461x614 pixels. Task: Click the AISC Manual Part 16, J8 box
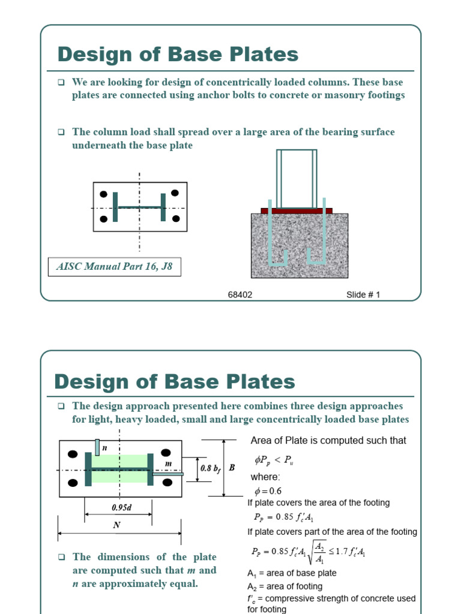pos(115,267)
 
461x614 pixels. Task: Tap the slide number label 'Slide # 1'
pos(363,294)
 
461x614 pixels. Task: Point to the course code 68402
pos(240,294)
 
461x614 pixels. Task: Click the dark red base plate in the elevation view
pos(297,210)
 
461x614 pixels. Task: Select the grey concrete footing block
pos(300,246)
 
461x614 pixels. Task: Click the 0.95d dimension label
pos(121,507)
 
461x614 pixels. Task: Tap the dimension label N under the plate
pos(116,525)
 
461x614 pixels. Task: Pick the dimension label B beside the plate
pos(232,468)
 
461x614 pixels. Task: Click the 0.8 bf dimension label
pos(211,468)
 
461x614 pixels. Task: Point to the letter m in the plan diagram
pos(168,463)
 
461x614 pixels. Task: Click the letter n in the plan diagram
pos(104,447)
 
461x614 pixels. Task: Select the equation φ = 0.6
pos(268,490)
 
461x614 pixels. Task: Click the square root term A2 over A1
pos(317,552)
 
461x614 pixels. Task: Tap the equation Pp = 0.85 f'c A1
pos(283,517)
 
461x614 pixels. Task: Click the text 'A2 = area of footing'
pos(285,586)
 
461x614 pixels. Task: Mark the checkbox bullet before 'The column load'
pos(61,132)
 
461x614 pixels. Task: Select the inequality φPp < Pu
pos(274,460)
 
